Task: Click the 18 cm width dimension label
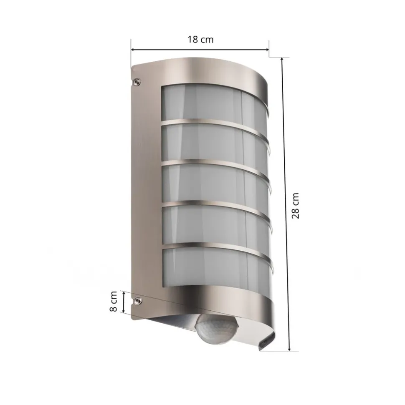(200, 40)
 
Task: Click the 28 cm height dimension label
(296, 206)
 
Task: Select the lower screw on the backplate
(137, 300)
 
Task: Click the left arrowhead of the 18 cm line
(133, 50)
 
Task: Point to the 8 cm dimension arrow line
(124, 302)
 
